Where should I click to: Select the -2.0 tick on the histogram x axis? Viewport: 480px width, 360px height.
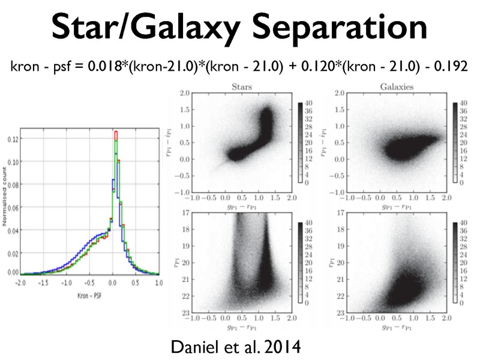(20, 281)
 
